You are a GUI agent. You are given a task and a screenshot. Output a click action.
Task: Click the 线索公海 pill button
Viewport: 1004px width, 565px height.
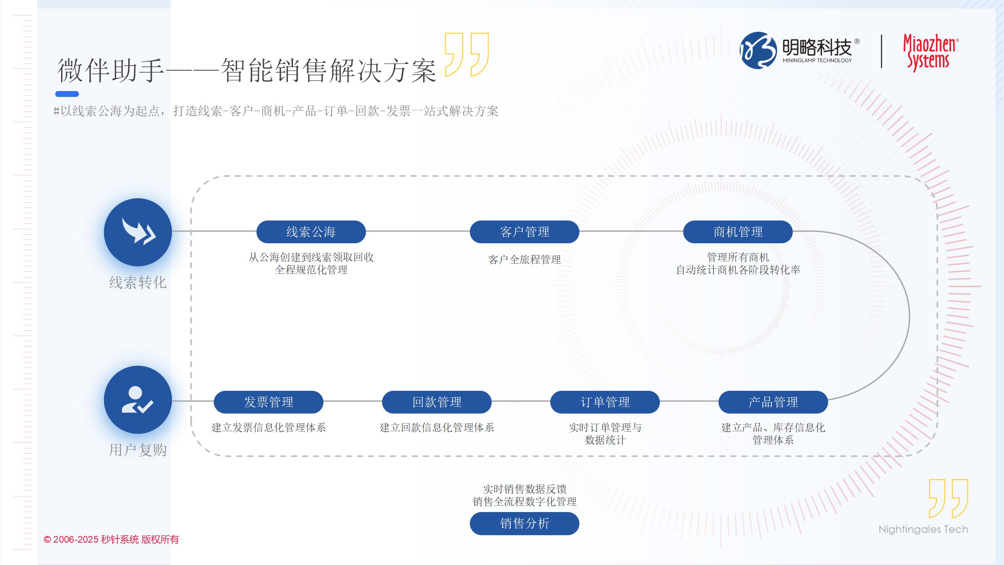pos(311,232)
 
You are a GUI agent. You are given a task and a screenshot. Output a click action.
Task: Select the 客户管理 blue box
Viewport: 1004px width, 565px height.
pos(524,232)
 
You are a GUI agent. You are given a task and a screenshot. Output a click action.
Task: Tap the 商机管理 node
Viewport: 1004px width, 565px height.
pos(738,232)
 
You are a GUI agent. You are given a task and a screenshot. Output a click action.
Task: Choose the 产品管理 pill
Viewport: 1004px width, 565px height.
pos(773,402)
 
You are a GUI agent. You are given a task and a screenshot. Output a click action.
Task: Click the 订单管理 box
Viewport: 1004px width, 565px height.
pos(605,402)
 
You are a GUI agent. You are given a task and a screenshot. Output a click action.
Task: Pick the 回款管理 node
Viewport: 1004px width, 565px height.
pos(437,402)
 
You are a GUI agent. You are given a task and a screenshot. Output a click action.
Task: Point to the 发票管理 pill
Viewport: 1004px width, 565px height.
pos(268,402)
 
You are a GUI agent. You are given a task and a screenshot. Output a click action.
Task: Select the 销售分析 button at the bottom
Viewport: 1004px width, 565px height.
pos(524,523)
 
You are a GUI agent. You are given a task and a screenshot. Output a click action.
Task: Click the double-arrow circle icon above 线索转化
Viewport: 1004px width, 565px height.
pos(138,232)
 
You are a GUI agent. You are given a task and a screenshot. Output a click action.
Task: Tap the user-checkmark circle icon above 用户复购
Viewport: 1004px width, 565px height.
pos(138,400)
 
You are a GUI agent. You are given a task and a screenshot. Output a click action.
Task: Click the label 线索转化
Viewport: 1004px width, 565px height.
pos(138,282)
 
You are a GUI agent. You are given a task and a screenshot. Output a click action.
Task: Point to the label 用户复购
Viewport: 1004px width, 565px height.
pos(138,450)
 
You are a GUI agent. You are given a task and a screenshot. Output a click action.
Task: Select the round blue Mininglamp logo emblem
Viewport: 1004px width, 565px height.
pos(758,50)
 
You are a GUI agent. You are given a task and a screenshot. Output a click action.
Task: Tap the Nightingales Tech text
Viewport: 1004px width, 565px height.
pos(923,529)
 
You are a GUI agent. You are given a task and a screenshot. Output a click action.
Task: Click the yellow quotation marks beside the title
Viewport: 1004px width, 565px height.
pos(467,55)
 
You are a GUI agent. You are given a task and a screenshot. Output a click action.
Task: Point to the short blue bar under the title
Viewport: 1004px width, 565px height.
pos(67,94)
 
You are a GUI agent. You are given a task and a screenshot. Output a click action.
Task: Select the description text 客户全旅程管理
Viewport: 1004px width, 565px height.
pos(524,260)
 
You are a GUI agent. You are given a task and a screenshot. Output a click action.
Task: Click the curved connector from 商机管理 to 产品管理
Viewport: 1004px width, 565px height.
pos(909,316)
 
